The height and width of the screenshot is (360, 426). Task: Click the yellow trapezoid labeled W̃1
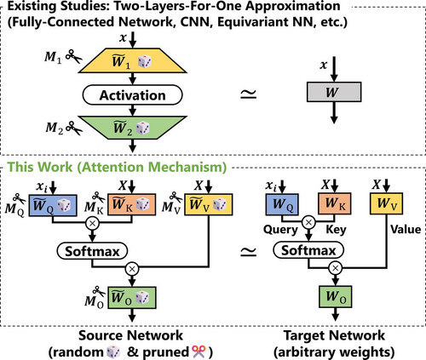point(133,60)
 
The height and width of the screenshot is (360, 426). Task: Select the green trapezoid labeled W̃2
point(133,128)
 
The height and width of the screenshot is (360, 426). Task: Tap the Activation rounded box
point(132,95)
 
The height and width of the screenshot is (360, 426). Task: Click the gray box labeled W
point(334,92)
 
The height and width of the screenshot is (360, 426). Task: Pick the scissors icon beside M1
point(73,56)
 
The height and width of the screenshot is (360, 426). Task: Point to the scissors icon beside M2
point(74,128)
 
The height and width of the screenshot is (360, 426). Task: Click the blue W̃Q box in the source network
point(53,205)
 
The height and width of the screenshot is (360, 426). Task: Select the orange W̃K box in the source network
point(131,204)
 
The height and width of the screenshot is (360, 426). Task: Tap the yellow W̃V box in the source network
point(209,204)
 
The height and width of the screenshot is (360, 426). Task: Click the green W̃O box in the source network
point(132,298)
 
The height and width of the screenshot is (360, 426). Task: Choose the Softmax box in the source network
point(92,251)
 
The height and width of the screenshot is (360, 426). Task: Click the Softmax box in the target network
point(308,250)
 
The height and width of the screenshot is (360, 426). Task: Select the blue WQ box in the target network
point(282,204)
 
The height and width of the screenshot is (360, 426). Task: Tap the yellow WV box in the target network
point(386,203)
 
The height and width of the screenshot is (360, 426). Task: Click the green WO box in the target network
point(336,297)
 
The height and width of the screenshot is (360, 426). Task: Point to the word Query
point(280,230)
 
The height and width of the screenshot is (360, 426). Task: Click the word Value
point(406,229)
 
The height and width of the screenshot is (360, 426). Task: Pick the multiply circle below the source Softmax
point(132,269)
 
